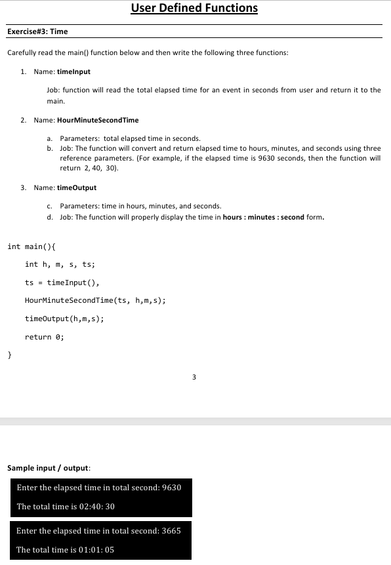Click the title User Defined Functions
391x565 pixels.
(194, 9)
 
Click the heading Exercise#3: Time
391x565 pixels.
(37, 31)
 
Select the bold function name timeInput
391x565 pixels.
(73, 71)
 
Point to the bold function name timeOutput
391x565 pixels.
(77, 187)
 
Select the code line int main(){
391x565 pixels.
(31, 246)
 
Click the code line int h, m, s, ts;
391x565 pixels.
(60, 264)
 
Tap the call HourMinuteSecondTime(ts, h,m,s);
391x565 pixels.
(95, 300)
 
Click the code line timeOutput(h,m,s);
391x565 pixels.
(64, 319)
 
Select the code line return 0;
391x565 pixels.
(45, 337)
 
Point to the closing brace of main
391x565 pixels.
(9, 355)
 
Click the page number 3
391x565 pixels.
(194, 377)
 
